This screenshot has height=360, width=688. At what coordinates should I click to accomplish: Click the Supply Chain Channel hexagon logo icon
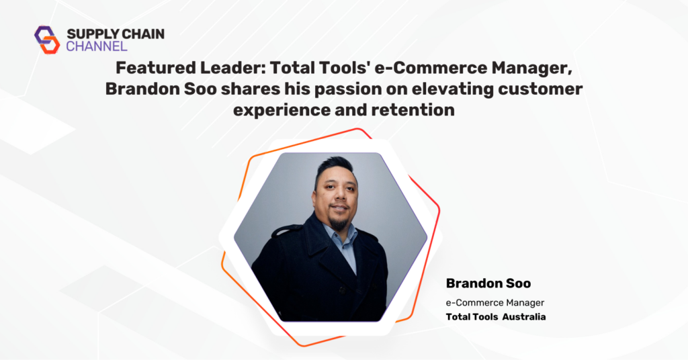point(47,40)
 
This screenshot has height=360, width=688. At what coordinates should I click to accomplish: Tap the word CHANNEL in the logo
point(97,46)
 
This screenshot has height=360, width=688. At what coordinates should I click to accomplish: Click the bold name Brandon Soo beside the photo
point(488,283)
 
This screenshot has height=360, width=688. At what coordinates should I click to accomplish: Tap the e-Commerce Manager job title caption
point(495,302)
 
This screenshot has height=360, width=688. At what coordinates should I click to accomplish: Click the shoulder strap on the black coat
point(287,229)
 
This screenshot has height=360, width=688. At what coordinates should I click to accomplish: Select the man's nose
point(339,197)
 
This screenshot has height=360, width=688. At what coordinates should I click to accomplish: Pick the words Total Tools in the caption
point(472,317)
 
